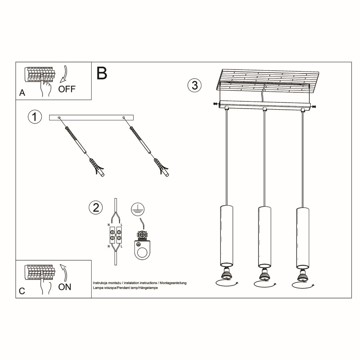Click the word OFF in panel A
[67, 89]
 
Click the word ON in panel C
[65, 287]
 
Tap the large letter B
[102, 73]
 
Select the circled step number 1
[35, 117]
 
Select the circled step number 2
[96, 207]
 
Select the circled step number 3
[194, 85]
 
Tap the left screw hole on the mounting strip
[59, 117]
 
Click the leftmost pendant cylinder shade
[226, 236]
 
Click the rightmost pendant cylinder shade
[302, 237]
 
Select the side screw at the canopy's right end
[314, 106]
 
